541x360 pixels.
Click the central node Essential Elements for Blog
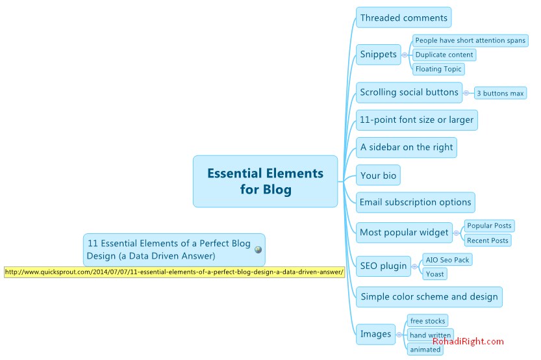(265, 181)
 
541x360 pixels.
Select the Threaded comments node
(403, 18)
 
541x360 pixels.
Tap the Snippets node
(378, 55)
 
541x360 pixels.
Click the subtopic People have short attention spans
(470, 40)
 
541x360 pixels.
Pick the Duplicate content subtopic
(444, 55)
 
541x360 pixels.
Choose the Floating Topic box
(438, 69)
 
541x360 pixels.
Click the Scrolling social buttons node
(409, 92)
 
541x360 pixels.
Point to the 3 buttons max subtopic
(500, 94)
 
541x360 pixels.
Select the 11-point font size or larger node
(416, 120)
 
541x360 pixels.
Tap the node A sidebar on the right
(407, 148)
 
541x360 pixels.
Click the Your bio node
(378, 175)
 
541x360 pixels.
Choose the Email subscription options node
(415, 202)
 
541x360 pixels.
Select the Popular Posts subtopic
(489, 225)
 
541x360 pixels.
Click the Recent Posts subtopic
(487, 240)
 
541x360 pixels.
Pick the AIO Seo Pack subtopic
(446, 260)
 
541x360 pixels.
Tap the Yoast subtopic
(434, 274)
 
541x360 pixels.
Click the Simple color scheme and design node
(429, 297)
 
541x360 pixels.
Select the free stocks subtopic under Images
(427, 321)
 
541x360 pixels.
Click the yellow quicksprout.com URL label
(174, 272)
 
